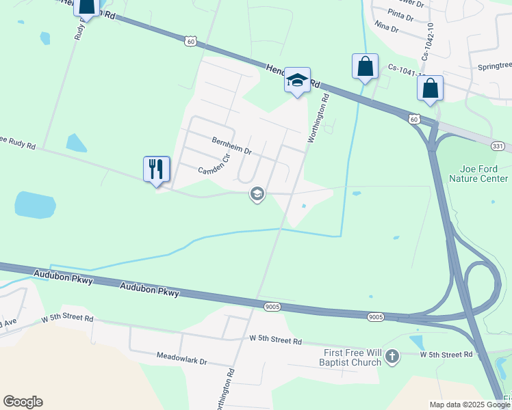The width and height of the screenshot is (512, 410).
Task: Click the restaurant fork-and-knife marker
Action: tap(157, 168)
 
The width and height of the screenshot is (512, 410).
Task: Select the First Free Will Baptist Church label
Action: tap(352, 357)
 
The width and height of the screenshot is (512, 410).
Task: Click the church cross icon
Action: tap(392, 356)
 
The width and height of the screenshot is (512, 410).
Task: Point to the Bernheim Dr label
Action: tap(232, 145)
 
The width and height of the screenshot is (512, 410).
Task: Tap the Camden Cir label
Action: tap(212, 167)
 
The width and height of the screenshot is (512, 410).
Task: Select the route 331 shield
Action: tap(498, 146)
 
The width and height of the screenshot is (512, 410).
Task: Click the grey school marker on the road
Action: tap(257, 195)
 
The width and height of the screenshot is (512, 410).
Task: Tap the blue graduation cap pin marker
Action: tap(297, 80)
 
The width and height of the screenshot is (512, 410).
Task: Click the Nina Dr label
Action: tap(387, 25)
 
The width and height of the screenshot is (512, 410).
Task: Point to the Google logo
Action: tap(23, 402)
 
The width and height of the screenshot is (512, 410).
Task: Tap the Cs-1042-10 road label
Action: tap(428, 42)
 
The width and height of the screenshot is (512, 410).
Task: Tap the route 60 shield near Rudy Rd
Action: tap(190, 42)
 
